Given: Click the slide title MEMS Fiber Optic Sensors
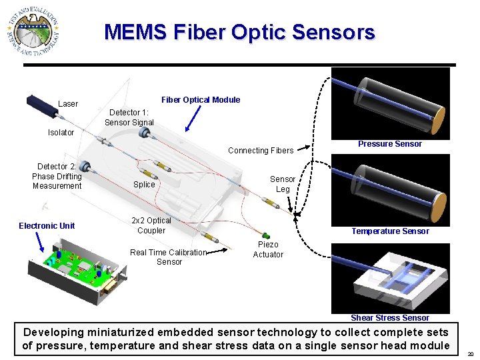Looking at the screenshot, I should [239, 32].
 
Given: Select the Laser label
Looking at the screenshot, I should [68, 104].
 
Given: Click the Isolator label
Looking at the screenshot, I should [61, 133].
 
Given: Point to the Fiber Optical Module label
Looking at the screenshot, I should [201, 100].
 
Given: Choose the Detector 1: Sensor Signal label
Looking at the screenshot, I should [129, 117].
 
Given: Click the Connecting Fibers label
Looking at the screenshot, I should [261, 151].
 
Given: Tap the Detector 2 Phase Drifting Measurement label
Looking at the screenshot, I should [57, 176].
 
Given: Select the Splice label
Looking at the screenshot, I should [144, 185].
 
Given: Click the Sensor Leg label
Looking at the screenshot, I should [283, 184].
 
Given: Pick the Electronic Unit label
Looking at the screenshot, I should [47, 226].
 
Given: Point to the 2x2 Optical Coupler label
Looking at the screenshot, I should [151, 225].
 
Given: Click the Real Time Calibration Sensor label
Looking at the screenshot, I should [169, 257].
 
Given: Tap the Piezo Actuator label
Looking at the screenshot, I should [268, 249].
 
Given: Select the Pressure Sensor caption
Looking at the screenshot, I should [390, 144].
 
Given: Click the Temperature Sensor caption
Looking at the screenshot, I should [391, 231].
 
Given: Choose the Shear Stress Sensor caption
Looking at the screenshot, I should [390, 318].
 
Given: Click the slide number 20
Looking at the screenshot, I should [471, 355].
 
